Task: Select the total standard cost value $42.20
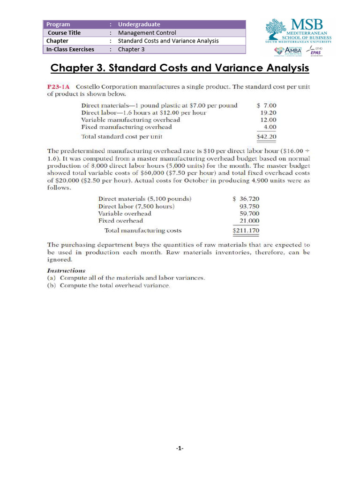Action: [x=266, y=137]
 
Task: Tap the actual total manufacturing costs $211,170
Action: [x=246, y=231]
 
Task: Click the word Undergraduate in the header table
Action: [x=139, y=24]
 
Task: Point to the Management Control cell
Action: [x=147, y=33]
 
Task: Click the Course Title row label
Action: [x=64, y=33]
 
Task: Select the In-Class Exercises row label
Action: [x=70, y=49]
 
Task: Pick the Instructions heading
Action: [x=66, y=270]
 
